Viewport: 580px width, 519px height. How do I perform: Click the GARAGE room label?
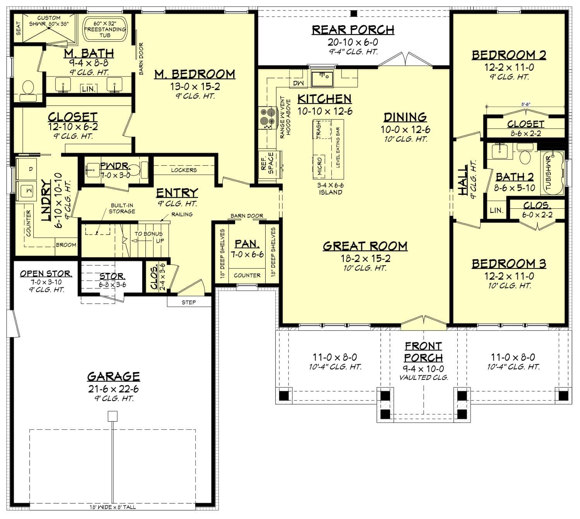click(113, 376)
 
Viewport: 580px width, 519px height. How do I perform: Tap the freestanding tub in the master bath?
click(105, 29)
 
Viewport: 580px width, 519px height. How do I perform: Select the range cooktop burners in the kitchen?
click(266, 117)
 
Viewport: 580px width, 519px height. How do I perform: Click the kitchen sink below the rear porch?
click(322, 79)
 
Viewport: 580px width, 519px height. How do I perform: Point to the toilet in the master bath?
click(27, 88)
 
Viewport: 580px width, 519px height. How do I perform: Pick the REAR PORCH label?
click(353, 30)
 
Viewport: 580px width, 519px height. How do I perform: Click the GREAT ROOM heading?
click(365, 246)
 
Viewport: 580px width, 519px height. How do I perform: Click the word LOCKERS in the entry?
click(184, 170)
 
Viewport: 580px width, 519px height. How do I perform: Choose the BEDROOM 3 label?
click(508, 264)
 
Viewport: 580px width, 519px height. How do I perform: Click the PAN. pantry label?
click(247, 244)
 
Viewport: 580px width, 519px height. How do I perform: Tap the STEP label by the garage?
click(189, 302)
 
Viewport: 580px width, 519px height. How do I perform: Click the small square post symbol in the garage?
click(113, 416)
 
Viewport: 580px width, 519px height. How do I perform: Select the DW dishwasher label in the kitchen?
click(298, 83)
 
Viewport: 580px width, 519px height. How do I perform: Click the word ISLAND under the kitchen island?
click(330, 192)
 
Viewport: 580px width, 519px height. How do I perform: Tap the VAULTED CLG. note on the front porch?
click(424, 378)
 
